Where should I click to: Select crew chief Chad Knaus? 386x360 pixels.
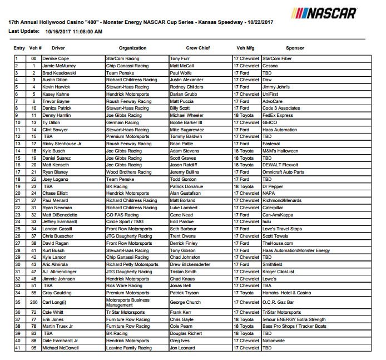coord(182,278)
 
